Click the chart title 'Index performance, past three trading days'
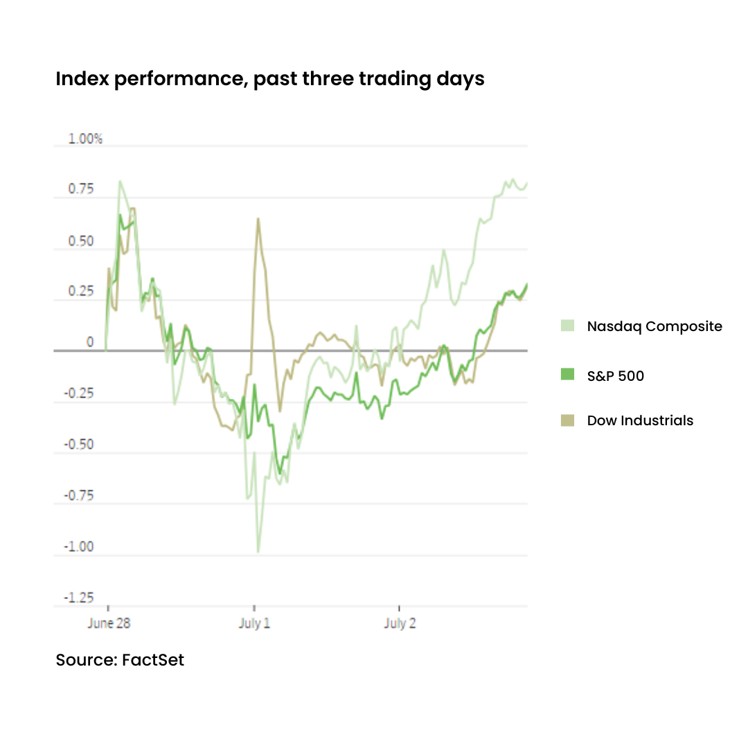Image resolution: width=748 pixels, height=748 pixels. tap(270, 79)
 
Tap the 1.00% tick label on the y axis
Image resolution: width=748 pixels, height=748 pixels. tap(85, 139)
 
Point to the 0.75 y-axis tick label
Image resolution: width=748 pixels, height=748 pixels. tap(80, 190)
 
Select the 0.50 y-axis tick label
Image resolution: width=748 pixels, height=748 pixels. tap(80, 241)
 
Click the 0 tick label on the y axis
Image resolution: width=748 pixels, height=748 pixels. tap(89, 343)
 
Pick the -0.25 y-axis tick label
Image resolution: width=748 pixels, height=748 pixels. tap(78, 394)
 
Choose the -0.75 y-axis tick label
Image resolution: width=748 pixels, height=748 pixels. tap(78, 496)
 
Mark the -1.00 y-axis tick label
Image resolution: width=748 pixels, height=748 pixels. tap(78, 547)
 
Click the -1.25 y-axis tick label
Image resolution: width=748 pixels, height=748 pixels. tap(78, 598)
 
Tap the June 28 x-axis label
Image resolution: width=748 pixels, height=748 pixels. tap(109, 623)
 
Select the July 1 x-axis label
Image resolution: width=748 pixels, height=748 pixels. tap(254, 623)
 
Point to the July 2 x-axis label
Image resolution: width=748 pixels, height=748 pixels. tap(400, 623)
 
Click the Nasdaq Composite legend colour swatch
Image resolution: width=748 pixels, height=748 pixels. tap(568, 326)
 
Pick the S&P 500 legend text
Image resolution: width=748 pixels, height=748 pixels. tap(615, 376)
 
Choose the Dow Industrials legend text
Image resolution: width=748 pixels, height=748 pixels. tap(640, 420)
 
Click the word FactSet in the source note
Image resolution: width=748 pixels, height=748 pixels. tap(153, 660)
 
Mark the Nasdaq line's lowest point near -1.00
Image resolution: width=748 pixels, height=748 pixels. tap(258, 552)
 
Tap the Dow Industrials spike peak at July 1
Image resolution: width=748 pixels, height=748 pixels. tap(258, 219)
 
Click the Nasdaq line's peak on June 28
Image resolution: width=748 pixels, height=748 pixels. tap(120, 181)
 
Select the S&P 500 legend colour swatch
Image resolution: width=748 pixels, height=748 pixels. tap(568, 375)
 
